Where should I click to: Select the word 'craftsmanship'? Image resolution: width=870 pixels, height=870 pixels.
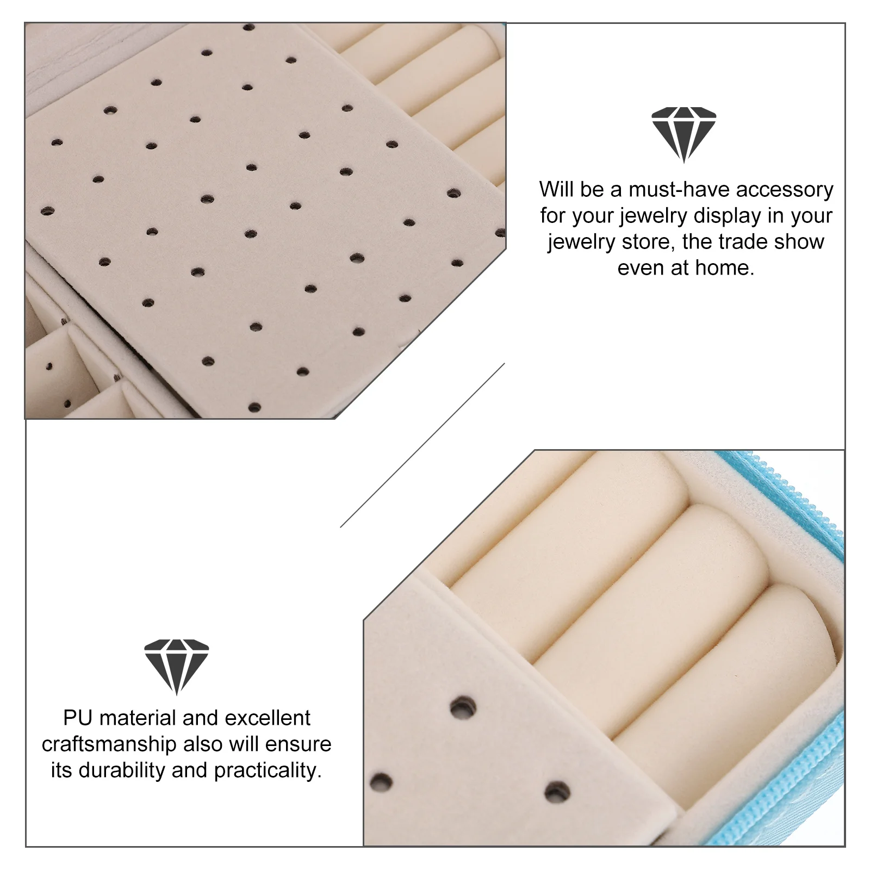[x=109, y=744]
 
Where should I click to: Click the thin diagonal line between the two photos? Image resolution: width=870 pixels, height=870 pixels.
[x=422, y=445]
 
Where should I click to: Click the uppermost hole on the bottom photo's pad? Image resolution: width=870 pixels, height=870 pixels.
[x=463, y=707]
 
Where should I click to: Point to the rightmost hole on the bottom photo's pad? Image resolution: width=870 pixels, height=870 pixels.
[x=556, y=792]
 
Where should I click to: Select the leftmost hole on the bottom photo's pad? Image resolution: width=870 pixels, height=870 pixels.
[x=381, y=782]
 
